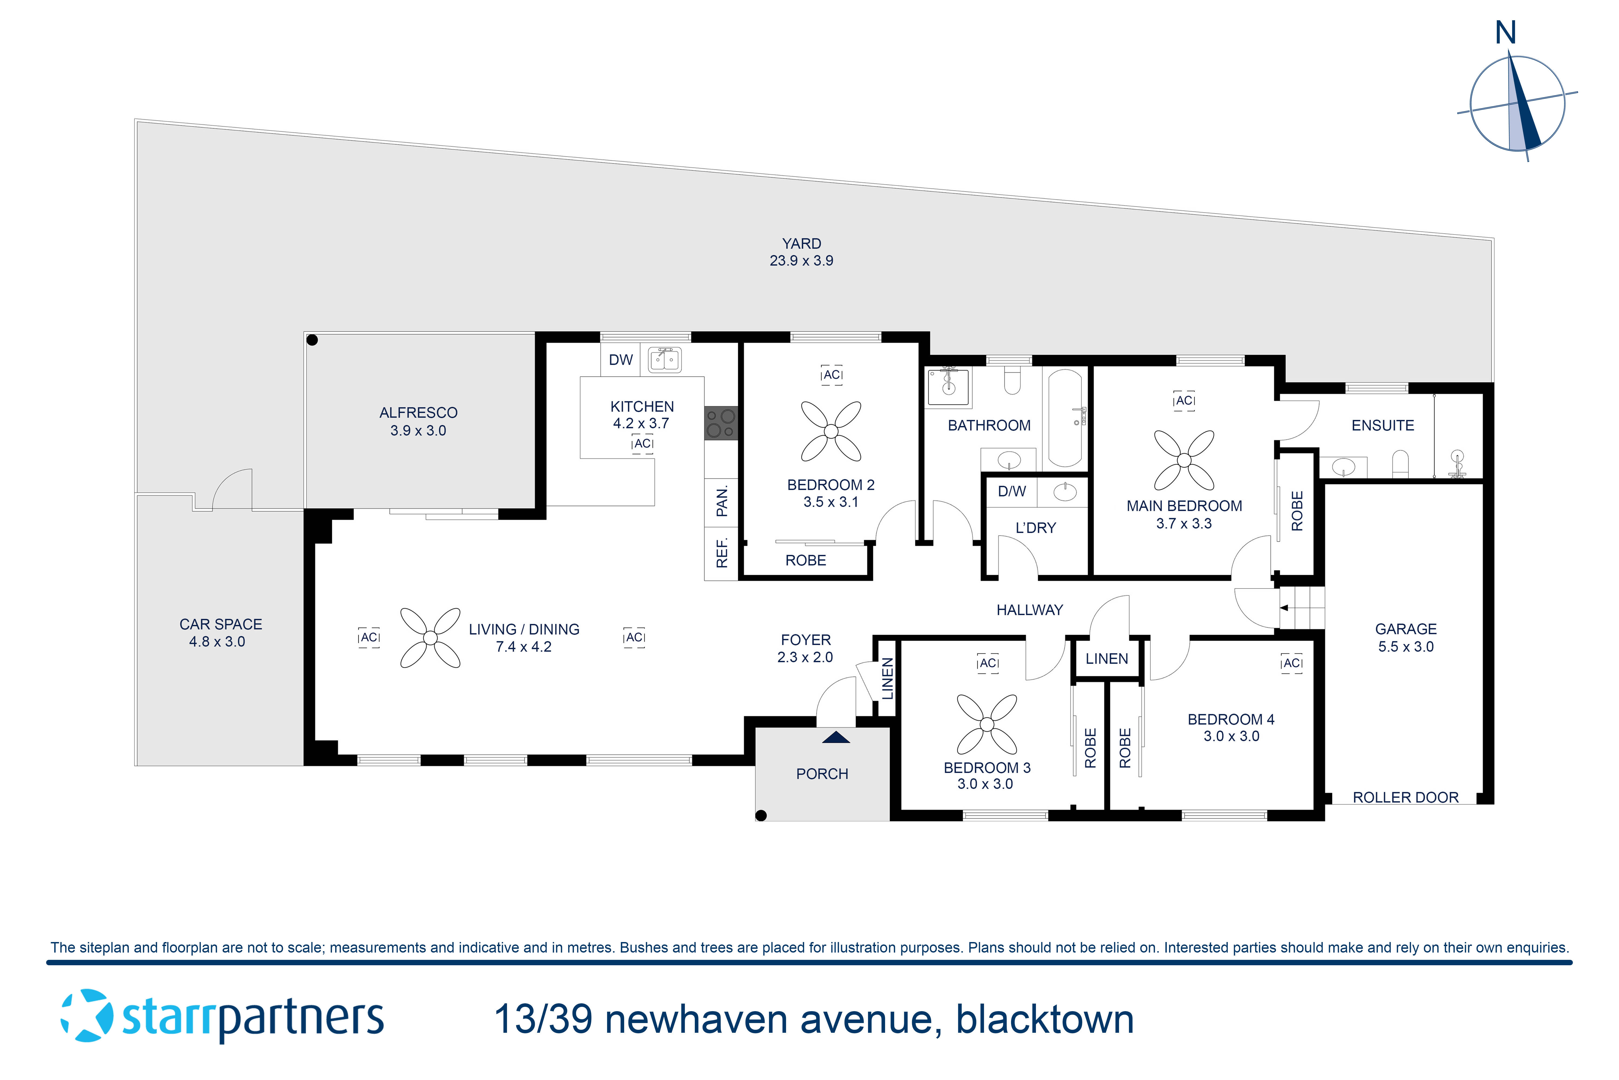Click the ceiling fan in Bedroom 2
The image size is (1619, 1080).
(831, 431)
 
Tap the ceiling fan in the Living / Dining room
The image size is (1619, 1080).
(430, 638)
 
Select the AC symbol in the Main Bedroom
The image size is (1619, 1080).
(1184, 401)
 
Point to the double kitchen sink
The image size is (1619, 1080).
(664, 360)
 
